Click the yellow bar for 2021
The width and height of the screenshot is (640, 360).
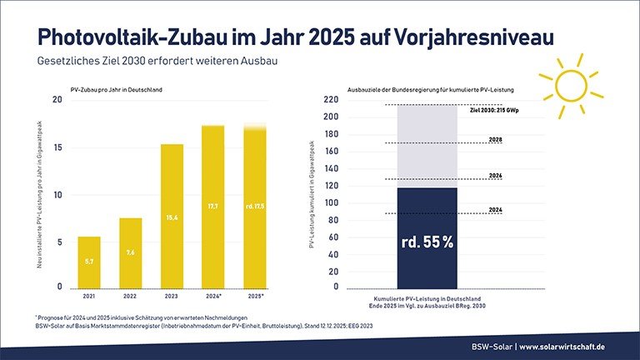(x=89, y=262)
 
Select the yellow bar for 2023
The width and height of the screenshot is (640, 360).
(x=172, y=217)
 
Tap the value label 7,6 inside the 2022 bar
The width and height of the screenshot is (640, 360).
(x=130, y=252)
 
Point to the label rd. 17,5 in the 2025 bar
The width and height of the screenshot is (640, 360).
(x=254, y=206)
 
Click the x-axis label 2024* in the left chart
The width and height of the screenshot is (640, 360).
(x=213, y=296)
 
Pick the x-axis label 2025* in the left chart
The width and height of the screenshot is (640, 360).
(x=254, y=296)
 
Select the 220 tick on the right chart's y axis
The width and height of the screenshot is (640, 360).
(x=331, y=100)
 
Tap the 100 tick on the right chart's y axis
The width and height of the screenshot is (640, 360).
(x=331, y=202)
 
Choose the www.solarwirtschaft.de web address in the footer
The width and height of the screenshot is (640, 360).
(x=574, y=345)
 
